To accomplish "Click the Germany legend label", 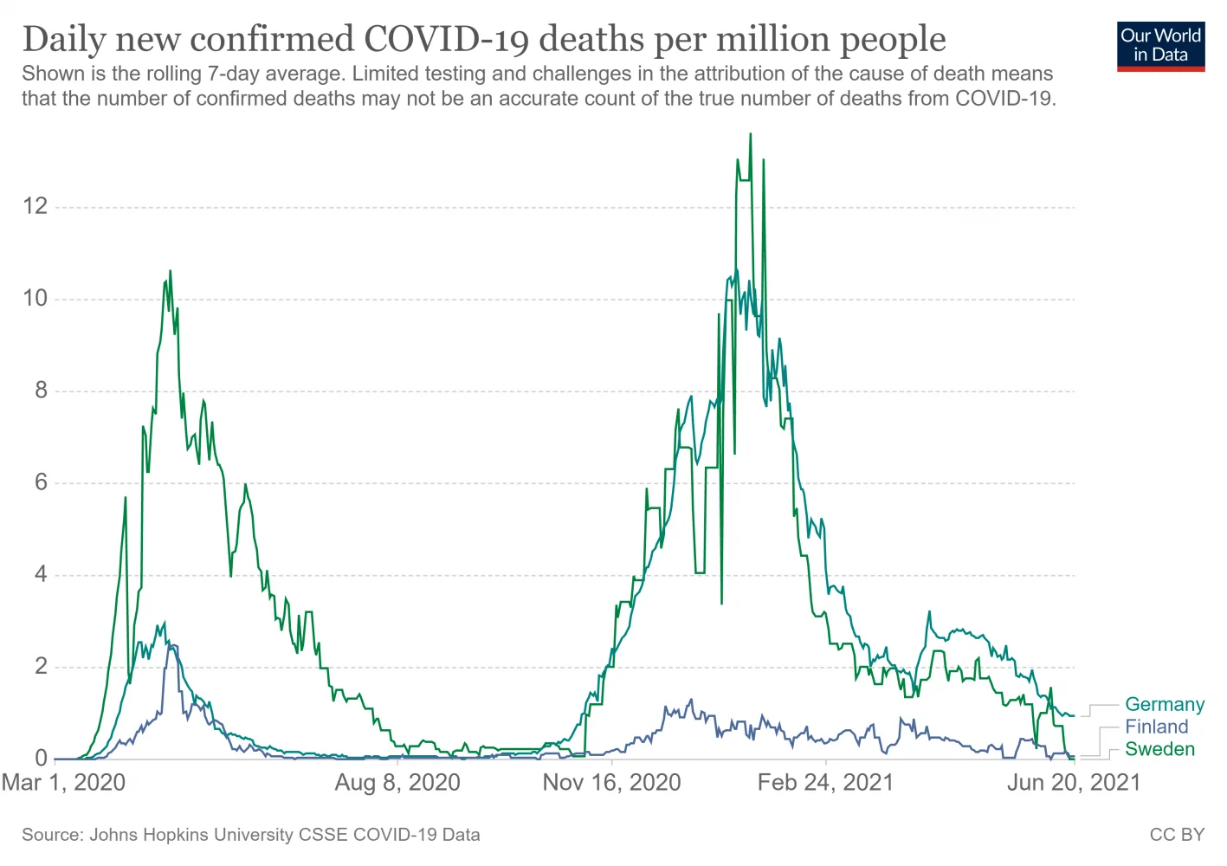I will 1164,705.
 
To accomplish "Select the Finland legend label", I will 1156,727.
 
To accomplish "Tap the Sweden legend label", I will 1159,750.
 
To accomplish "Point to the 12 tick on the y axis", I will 36,206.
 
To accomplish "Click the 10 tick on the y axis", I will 36,299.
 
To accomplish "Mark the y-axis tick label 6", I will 41,482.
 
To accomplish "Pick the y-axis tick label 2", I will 41,667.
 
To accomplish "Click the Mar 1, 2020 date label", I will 64,783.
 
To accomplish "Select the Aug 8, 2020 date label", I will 397,783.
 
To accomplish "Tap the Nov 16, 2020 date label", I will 611,783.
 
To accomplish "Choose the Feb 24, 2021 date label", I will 825,783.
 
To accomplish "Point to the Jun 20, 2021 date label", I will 1074,783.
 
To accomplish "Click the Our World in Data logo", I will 1160,46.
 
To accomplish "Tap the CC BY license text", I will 1177,835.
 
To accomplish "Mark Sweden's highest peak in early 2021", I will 750,134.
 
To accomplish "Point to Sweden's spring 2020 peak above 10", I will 170,271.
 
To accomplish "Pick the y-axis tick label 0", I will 41,759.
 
